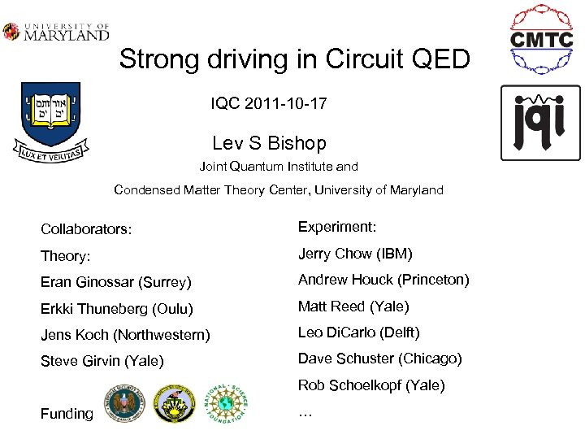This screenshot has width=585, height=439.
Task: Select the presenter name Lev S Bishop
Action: pos(269,143)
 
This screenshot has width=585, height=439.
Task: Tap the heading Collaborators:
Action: pos(86,229)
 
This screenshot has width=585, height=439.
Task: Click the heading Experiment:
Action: pos(337,228)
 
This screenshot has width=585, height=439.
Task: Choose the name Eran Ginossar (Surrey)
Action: pos(116,283)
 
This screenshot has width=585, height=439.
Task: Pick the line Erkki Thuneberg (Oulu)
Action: pos(117,309)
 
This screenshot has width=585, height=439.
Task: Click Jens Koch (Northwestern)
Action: pos(125,335)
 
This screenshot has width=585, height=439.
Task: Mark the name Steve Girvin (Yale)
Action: pos(102,361)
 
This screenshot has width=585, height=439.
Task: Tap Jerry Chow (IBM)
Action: pos(355,254)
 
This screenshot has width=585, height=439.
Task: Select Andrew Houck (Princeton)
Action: pos(383,280)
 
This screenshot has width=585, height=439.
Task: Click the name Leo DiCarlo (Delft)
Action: pos(358,333)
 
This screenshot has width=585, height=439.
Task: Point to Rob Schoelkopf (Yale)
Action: pos(371,385)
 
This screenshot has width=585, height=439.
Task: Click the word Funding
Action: pos(67,414)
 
